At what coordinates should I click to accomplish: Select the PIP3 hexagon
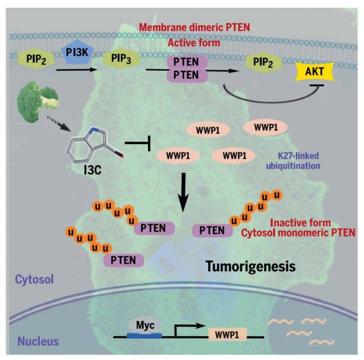coord(121,58)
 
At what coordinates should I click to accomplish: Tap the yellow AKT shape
coord(314,72)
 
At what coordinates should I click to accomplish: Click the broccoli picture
coord(37,101)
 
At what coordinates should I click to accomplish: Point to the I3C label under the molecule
coord(92,170)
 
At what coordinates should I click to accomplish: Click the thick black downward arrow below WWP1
coord(183,192)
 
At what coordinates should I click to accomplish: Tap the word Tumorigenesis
coord(251,267)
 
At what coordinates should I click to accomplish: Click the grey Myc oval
coord(145,325)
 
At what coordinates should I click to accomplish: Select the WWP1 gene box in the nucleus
coord(227,334)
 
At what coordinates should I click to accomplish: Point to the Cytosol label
coord(34,279)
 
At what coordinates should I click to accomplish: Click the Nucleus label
coord(38,342)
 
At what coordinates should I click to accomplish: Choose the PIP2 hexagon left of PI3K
coord(36,59)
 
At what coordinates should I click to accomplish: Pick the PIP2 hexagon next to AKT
coord(263,62)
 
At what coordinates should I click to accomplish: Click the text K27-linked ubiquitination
coord(293,161)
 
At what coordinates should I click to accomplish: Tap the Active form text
coord(194,43)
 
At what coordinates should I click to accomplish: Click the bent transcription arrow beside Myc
coord(188,329)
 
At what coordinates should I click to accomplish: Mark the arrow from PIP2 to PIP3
coord(77,70)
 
